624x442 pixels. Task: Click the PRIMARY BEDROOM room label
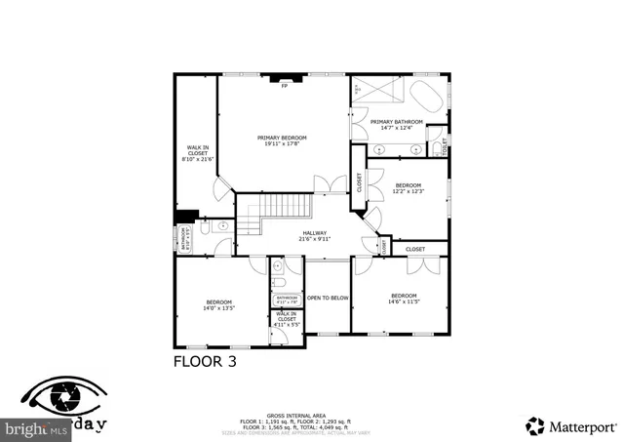coord(282,141)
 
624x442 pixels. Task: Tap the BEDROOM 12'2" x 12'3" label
coord(408,188)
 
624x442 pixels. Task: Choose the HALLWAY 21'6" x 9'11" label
coord(315,235)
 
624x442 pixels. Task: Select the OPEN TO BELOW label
coord(329,298)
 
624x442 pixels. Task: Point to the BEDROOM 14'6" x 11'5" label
coord(404,299)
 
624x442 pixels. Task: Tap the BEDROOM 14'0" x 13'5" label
coord(219,304)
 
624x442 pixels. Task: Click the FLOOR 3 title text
coord(205,360)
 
